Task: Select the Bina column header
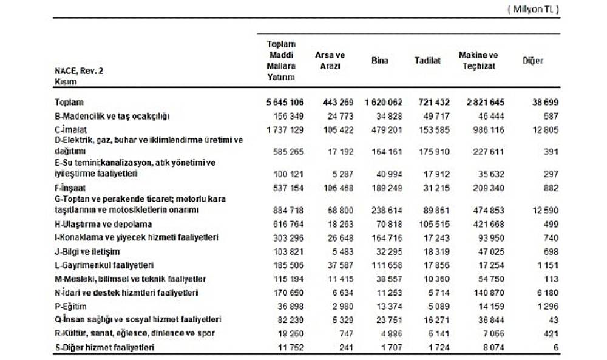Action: [x=379, y=61]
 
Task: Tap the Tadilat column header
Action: [x=427, y=61]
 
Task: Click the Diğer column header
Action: [x=532, y=61]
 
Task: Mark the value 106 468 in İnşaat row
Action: [x=336, y=188]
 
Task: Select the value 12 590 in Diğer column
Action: [x=543, y=209]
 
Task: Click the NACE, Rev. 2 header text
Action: [x=79, y=71]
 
